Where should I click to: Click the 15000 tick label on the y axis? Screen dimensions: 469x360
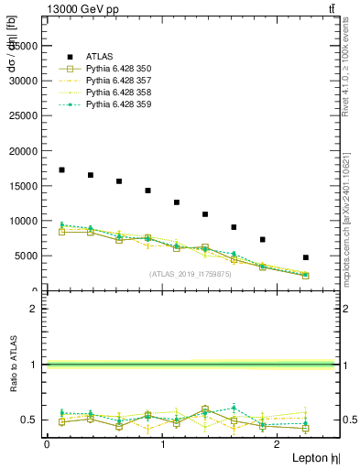click(x=24, y=186)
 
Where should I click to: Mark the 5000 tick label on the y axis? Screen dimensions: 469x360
click(x=27, y=256)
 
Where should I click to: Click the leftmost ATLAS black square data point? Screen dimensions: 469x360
click(x=61, y=169)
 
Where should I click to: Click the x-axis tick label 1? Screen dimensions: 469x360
click(x=163, y=444)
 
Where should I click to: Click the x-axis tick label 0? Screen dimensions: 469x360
click(x=48, y=444)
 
